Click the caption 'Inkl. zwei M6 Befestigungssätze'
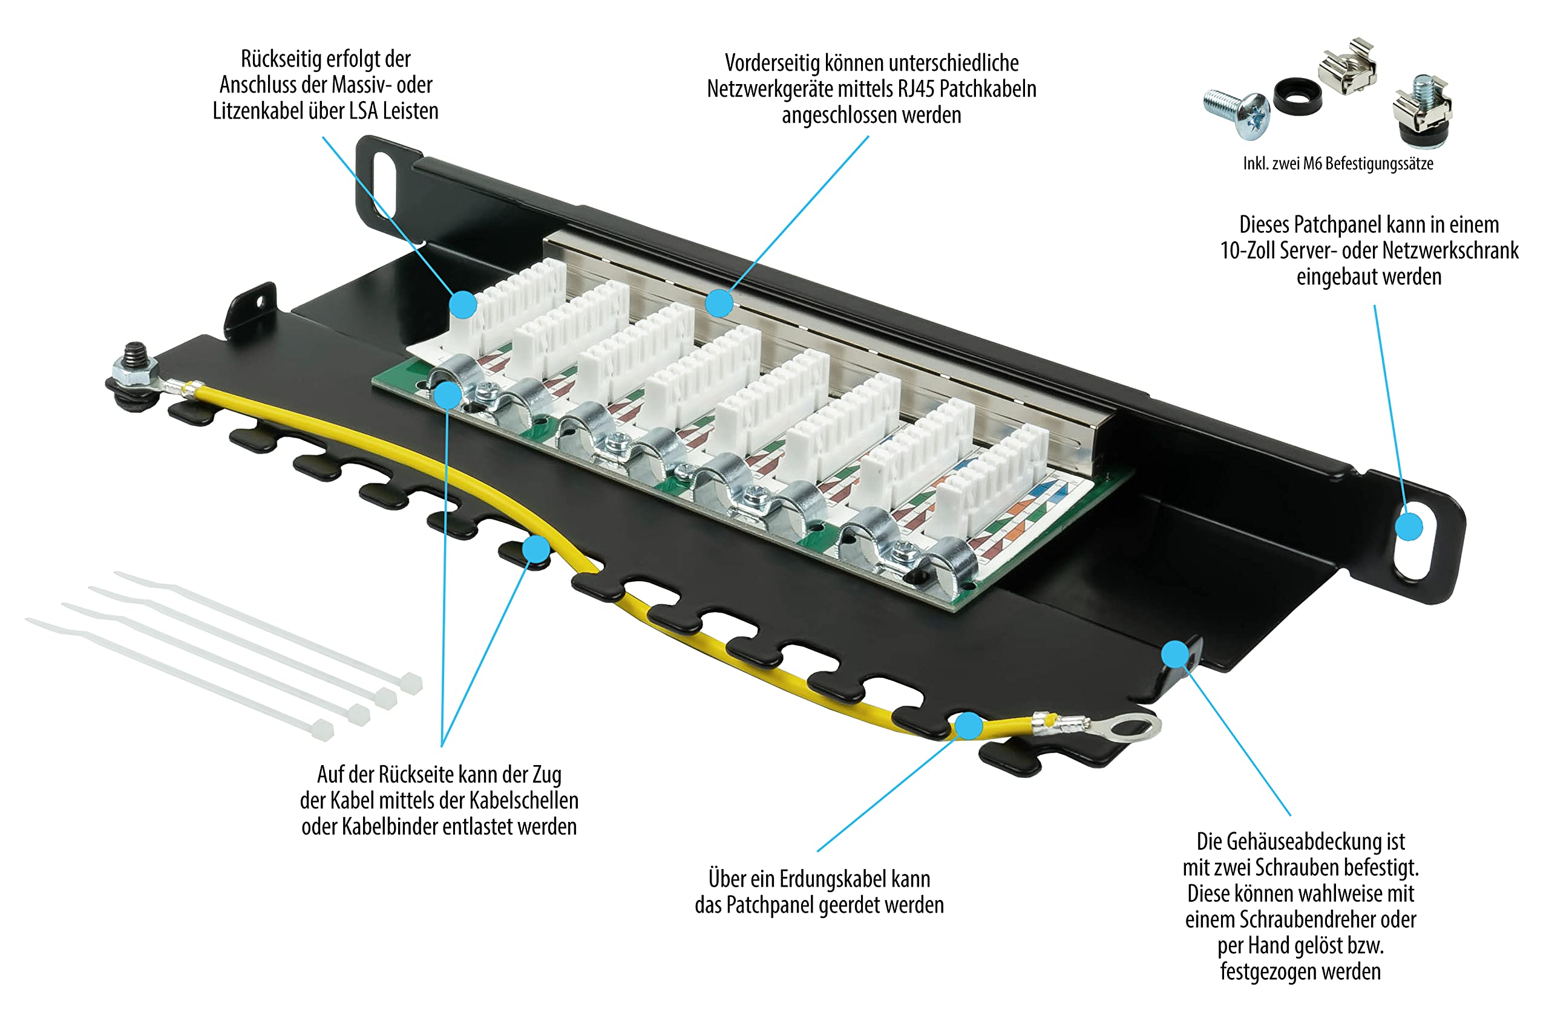coord(1337,163)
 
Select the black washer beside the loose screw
coord(1297,97)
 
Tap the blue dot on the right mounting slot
coord(1409,526)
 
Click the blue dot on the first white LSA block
coord(463,304)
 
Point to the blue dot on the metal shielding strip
coord(718,303)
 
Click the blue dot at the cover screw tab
coord(1174,654)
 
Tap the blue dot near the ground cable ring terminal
coord(968,725)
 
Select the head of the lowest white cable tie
coord(323,729)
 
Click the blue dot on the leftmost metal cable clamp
coord(447,396)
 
